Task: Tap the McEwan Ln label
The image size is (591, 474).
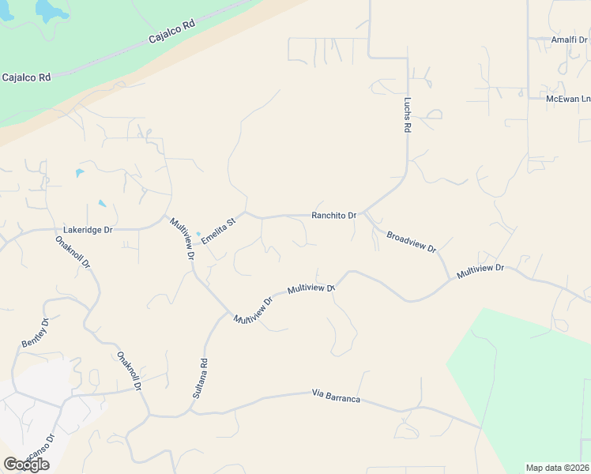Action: pyautogui.click(x=568, y=99)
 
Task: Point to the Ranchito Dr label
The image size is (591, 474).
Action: pyautogui.click(x=334, y=215)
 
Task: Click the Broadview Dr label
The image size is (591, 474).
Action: pyautogui.click(x=412, y=241)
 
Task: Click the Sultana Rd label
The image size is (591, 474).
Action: pyautogui.click(x=200, y=379)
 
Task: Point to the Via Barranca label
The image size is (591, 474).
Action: pyautogui.click(x=336, y=396)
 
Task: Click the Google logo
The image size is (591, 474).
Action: pyautogui.click(x=26, y=465)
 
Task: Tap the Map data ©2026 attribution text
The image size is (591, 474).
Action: pyautogui.click(x=558, y=468)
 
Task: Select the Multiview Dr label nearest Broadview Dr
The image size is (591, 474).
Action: pyautogui.click(x=480, y=269)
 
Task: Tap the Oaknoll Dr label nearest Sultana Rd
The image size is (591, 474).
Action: pyautogui.click(x=129, y=372)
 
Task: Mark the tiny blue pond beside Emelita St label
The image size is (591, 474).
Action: pyautogui.click(x=198, y=233)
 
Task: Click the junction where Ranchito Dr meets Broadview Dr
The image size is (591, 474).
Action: pyautogui.click(x=363, y=214)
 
